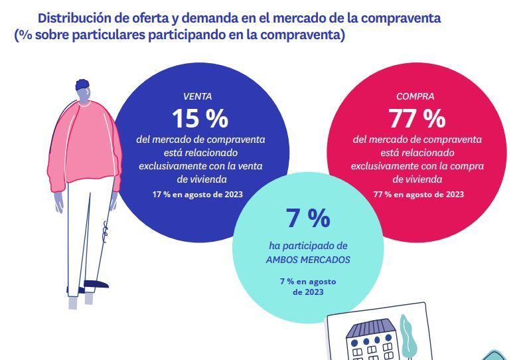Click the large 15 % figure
200,119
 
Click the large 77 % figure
417,119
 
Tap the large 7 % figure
307,218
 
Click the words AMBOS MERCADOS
307,258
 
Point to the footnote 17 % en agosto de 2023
198,194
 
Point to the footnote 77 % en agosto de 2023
418,194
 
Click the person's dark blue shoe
97,284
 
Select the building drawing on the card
372,339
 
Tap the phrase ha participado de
307,246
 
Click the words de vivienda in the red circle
418,179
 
